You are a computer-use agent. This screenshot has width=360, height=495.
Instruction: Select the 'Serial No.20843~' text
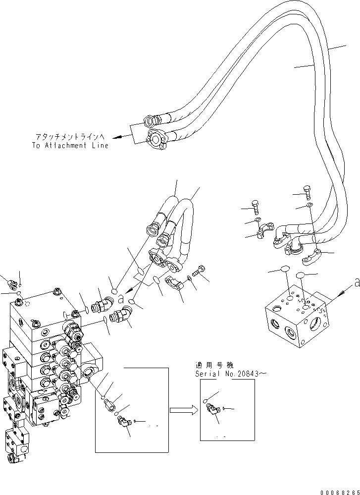(231, 374)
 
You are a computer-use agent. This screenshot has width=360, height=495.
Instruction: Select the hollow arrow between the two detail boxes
(181, 410)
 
